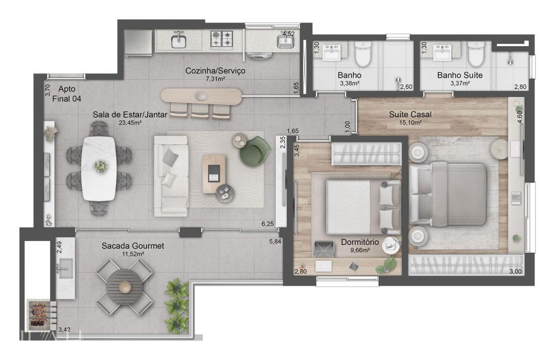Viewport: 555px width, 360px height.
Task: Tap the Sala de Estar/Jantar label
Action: [130, 115]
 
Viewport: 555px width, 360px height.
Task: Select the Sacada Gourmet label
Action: [133, 246]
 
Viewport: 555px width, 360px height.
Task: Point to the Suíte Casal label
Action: [410, 114]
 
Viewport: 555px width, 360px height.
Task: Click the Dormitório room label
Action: [360, 242]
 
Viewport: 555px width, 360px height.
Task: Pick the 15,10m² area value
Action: [410, 123]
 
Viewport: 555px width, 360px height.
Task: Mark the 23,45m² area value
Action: [130, 123]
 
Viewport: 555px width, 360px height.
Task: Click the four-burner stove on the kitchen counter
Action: [221, 39]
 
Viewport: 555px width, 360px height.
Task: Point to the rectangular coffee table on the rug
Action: [214, 174]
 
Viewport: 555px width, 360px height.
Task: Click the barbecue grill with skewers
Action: [39, 314]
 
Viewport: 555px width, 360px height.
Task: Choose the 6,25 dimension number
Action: [268, 224]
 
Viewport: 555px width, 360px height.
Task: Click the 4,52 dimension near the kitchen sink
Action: [288, 34]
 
